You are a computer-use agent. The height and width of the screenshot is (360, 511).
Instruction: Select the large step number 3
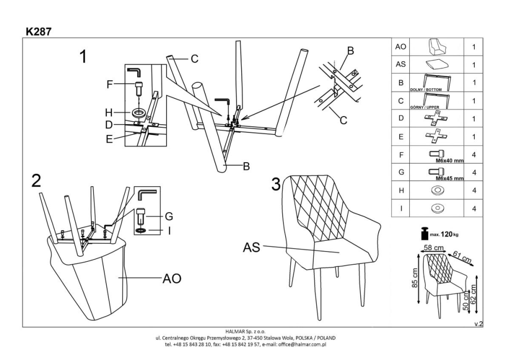275,184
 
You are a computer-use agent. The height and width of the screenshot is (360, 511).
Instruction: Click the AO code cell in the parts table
401,47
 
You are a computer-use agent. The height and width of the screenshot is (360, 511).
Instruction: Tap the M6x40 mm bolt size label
449,160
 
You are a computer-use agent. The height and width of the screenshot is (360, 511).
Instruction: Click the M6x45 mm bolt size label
449,178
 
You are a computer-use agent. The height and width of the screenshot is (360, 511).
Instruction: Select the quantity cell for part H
474,190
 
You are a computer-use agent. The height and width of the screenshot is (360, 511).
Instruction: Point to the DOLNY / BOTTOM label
426,89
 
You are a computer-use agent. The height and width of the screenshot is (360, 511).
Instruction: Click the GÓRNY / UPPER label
425,108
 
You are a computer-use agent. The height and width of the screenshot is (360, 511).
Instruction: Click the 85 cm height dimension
415,280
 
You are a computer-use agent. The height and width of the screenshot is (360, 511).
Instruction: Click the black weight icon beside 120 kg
424,233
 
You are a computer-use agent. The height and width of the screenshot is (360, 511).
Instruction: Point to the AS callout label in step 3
251,248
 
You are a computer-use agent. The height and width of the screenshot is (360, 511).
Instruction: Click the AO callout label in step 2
172,279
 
